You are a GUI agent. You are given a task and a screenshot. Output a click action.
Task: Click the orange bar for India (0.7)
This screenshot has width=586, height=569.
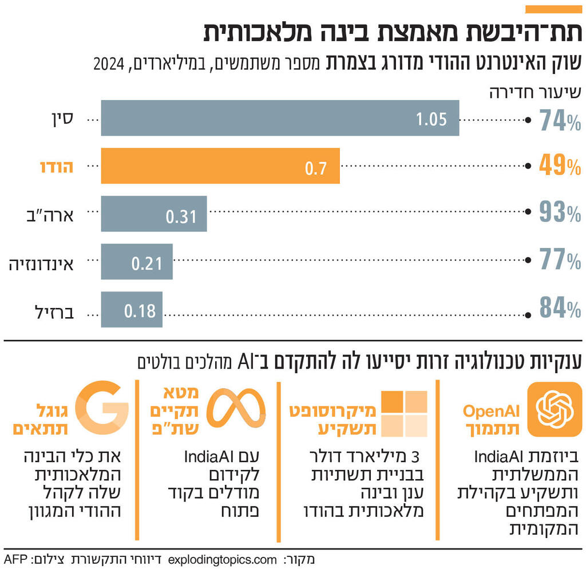(x=220, y=166)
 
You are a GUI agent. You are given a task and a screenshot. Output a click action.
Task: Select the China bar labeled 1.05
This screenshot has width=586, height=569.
(x=280, y=118)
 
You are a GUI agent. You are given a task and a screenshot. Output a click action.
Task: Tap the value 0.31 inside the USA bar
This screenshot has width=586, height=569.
(x=181, y=216)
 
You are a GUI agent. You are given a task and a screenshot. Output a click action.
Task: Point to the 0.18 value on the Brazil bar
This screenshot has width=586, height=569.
(x=140, y=311)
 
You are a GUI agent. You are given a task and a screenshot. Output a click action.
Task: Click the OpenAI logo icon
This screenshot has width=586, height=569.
(x=553, y=409)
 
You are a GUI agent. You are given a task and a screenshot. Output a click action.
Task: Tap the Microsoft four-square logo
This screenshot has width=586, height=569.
(x=405, y=414)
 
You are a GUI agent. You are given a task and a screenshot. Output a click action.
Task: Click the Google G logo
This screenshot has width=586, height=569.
(x=101, y=407)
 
